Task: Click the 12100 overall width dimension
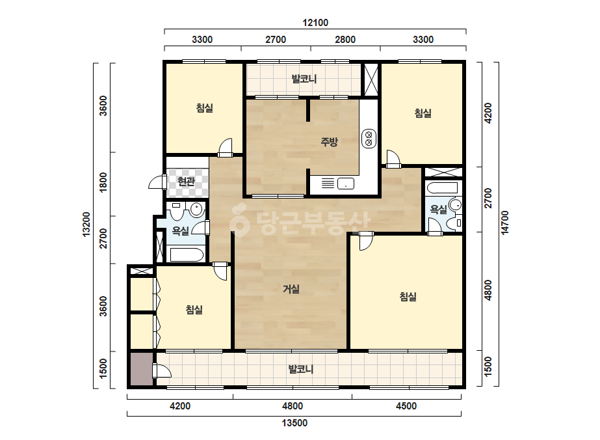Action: pos(315,23)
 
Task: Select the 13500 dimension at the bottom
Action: pos(294,423)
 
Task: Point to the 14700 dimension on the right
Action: pos(505,223)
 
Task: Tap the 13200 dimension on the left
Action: pos(86,224)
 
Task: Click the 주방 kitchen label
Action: pos(329,142)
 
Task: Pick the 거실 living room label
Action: pos(291,289)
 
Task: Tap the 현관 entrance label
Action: pos(187,182)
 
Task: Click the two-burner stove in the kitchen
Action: pos(369,139)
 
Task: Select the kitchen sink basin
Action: pos(346,184)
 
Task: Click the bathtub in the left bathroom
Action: pos(187,255)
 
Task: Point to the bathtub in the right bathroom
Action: pos(442,189)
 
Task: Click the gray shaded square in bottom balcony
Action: pos(142,368)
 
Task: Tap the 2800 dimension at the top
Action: pos(345,40)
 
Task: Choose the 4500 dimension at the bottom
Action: pos(406,406)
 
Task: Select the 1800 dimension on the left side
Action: pos(103,182)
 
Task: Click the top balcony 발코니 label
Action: pos(304,79)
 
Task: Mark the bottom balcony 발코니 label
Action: pos(301,369)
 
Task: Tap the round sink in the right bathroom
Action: pos(455,204)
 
